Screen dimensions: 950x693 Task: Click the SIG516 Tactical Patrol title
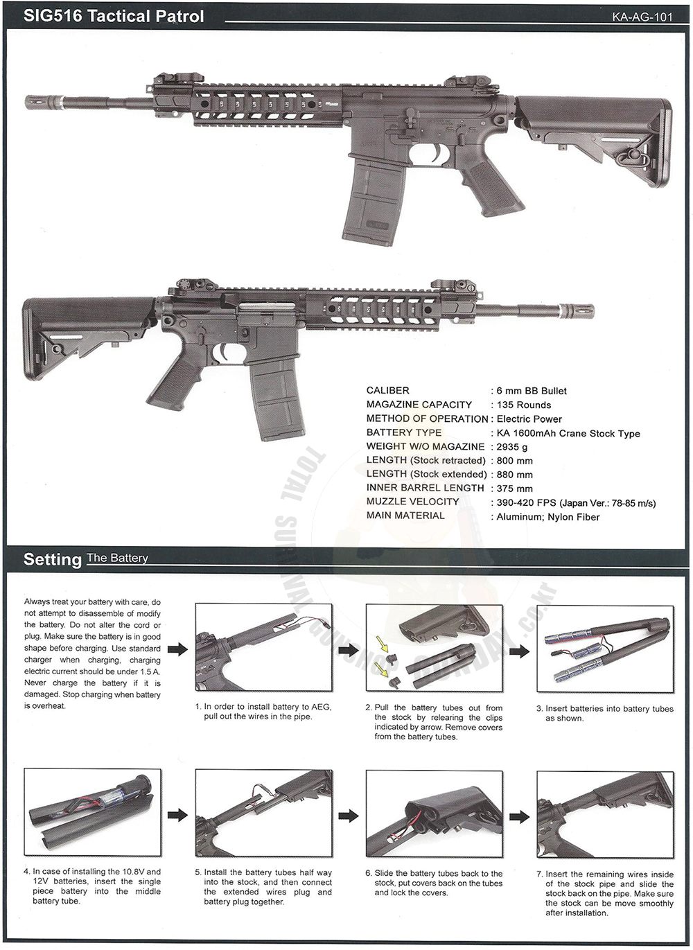tap(114, 16)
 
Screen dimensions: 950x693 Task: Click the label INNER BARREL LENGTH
tap(425, 488)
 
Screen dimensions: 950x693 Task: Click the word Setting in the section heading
tap(53, 559)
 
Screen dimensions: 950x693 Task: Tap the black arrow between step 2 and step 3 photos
tap(520, 649)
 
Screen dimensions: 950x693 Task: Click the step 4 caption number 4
tap(26, 872)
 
